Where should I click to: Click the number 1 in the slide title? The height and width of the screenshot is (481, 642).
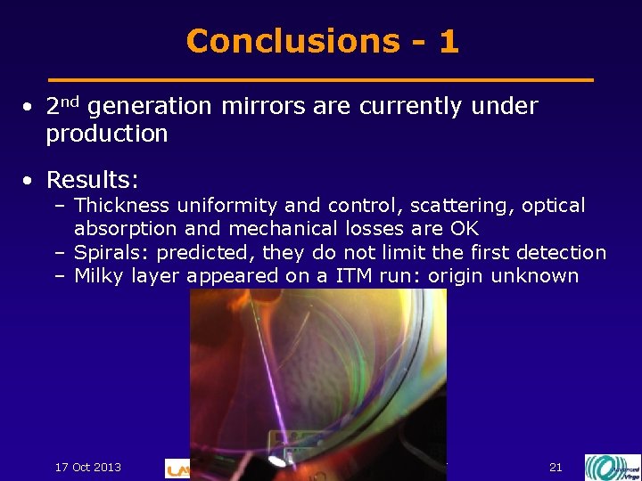[449, 41]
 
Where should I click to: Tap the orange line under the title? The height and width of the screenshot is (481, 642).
[321, 80]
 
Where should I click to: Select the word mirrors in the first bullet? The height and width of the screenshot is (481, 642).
[264, 107]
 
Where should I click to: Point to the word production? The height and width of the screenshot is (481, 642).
[107, 135]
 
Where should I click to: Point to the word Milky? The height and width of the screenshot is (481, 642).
[99, 276]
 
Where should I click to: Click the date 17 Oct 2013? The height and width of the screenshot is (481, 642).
[88, 467]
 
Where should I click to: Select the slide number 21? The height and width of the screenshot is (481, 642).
[556, 467]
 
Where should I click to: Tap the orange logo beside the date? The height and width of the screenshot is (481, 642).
[177, 469]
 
